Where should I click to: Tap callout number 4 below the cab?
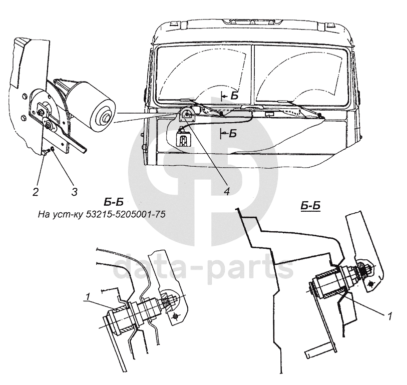(227, 190)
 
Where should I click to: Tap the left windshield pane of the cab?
(203, 75)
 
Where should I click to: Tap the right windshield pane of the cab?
(300, 75)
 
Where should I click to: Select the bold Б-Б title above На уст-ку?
(117, 203)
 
